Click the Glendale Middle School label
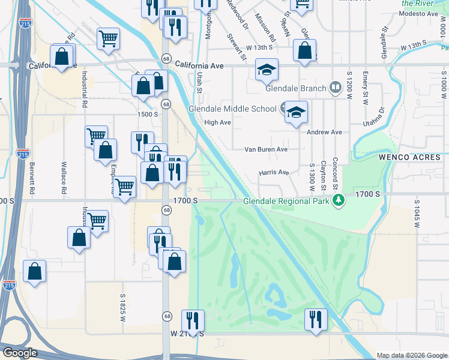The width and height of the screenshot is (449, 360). (233, 109)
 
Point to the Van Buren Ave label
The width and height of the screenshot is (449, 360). (266, 149)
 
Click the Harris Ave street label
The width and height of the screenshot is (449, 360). (274, 173)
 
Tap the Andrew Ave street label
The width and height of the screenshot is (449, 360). (324, 132)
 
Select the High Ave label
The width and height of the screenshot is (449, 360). (217, 122)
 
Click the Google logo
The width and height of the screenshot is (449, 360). (20, 353)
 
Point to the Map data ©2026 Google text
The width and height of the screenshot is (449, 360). (411, 355)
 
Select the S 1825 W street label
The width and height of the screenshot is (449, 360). (122, 307)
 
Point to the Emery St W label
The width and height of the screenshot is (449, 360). (365, 88)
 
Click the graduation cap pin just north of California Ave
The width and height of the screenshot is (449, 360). (267, 70)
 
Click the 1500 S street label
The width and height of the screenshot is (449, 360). (147, 114)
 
